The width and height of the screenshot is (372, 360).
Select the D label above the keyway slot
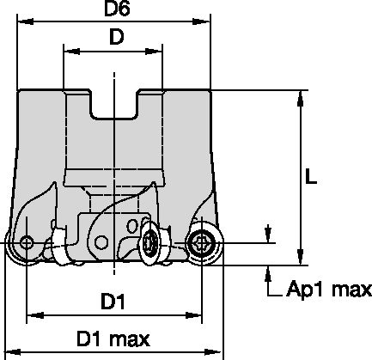click(x=114, y=39)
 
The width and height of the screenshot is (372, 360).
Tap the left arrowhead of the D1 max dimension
click(x=13, y=351)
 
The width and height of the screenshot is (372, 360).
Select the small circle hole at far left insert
click(x=27, y=243)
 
